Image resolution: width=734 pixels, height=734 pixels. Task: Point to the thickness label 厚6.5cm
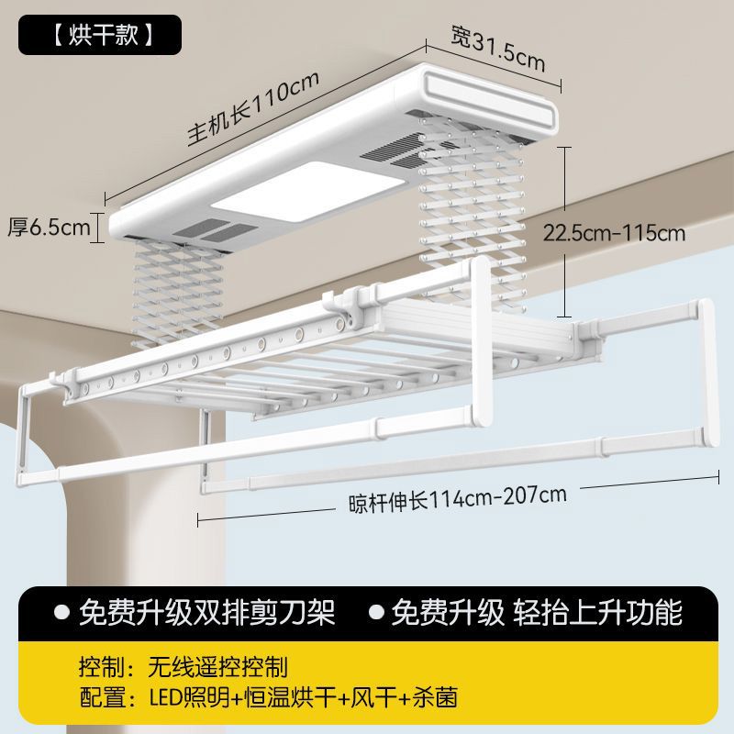click(49, 227)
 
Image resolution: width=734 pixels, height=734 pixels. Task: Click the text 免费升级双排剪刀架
click(207, 611)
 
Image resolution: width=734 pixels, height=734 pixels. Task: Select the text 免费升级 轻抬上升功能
click(536, 611)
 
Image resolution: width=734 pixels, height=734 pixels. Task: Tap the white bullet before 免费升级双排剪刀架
click(62, 611)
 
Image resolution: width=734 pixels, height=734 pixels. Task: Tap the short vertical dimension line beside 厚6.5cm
click(98, 227)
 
